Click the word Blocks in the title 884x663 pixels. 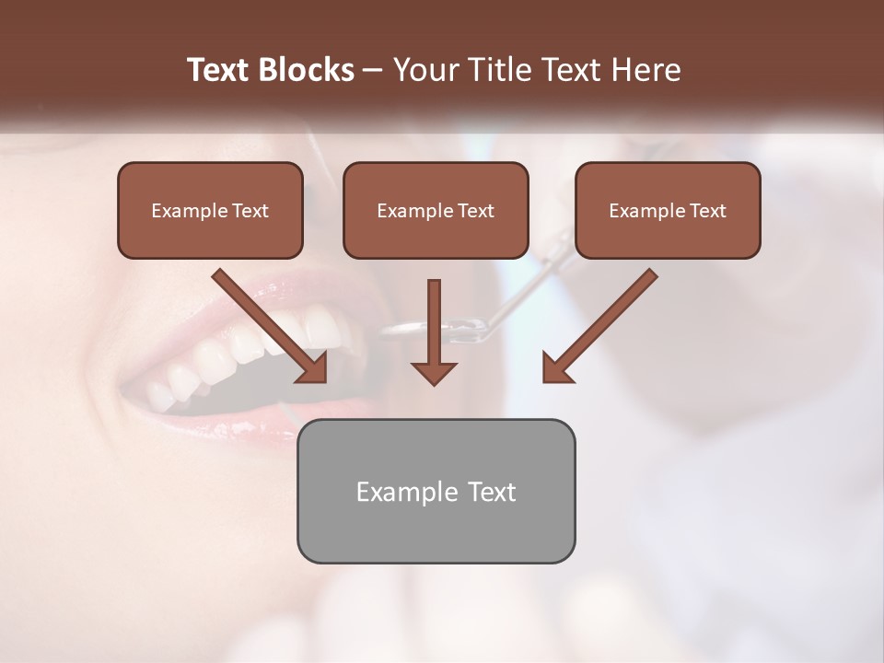click(x=307, y=70)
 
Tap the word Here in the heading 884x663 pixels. click(x=644, y=70)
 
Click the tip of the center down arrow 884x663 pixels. click(x=434, y=382)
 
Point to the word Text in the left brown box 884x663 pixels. click(x=250, y=211)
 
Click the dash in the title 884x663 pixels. click(x=373, y=71)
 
